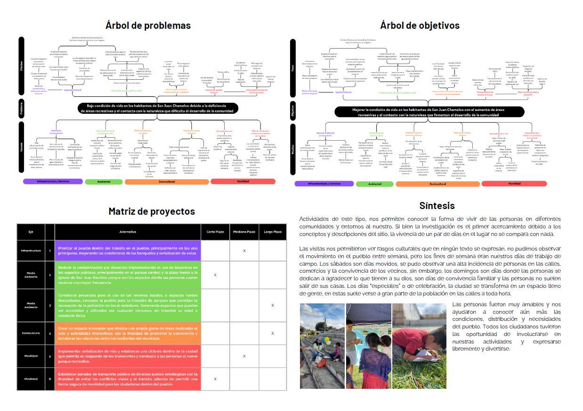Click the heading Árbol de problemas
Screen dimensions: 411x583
[x=148, y=25]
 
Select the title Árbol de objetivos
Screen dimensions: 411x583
[x=420, y=25]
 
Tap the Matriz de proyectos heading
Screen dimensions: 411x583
[x=151, y=211]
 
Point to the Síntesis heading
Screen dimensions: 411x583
[x=437, y=206]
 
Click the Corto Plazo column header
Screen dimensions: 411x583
[x=215, y=232]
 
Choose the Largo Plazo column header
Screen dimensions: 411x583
[x=272, y=232]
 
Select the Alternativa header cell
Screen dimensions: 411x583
[x=128, y=232]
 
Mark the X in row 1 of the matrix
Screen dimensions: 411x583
[x=244, y=251]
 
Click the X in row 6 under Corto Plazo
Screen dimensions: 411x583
[x=215, y=379]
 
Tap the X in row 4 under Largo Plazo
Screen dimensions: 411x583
[x=272, y=333]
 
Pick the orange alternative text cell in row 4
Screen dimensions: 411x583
[x=128, y=333]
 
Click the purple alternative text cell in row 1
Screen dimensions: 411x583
[x=128, y=251]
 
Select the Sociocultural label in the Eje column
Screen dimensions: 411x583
[x=31, y=333]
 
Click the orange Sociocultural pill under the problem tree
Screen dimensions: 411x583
[x=167, y=182]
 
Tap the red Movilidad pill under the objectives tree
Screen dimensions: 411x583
[x=514, y=184]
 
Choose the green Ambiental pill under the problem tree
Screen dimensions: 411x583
[x=104, y=182]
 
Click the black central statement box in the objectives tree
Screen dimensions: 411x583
[x=429, y=112]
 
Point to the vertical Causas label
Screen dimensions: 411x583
[x=22, y=148]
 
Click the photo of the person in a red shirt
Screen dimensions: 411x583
[x=419, y=346]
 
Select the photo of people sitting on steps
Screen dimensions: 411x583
[x=322, y=346]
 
